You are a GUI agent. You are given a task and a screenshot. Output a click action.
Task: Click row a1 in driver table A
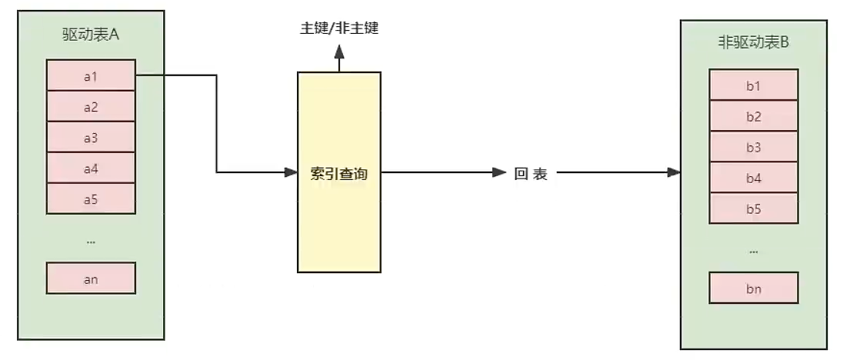tap(91, 76)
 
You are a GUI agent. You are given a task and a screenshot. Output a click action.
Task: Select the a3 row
tap(91, 138)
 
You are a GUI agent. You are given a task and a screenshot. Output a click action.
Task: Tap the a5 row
tap(91, 199)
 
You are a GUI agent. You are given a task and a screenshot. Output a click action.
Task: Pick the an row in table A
tap(91, 279)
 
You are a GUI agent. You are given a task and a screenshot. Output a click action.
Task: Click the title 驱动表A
tap(91, 35)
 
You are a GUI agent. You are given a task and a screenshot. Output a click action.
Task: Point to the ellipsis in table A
tap(91, 241)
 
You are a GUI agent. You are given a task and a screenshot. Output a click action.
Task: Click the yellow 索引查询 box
tap(339, 172)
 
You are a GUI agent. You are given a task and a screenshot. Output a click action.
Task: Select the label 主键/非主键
tap(339, 29)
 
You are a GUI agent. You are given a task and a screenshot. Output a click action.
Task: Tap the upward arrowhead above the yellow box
tap(339, 52)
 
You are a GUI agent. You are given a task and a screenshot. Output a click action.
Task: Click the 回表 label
tap(531, 174)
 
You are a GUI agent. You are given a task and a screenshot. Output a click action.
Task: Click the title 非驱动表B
tap(753, 43)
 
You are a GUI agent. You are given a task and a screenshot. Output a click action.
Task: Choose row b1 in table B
tap(753, 85)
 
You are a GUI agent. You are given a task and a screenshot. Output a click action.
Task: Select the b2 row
tap(753, 116)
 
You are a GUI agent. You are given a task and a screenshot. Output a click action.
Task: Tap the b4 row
tap(753, 178)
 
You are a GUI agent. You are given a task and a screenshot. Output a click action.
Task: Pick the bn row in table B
tap(753, 289)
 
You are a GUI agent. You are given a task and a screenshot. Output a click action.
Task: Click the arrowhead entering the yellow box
tap(292, 172)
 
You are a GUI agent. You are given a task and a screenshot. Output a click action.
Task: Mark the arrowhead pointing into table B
tap(675, 172)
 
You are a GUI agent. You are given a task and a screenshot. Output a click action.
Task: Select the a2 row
tap(91, 107)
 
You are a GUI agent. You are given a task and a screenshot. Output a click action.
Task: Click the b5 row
tap(753, 208)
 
